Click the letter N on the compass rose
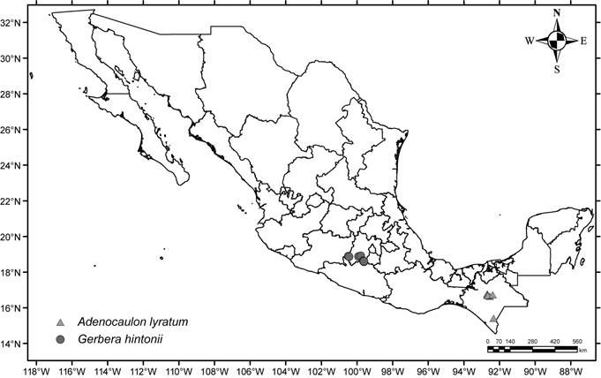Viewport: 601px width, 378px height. tap(557, 13)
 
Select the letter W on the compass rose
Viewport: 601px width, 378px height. tap(530, 41)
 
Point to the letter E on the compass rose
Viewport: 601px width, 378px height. tap(583, 41)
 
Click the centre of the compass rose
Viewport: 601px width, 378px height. tap(557, 41)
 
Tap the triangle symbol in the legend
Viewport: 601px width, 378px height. tap(60, 321)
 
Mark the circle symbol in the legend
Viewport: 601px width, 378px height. tap(60, 339)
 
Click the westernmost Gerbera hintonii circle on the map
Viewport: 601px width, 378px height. tap(349, 257)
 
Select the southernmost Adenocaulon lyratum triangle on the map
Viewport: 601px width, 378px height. tap(493, 318)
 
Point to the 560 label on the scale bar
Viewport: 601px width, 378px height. tap(578, 341)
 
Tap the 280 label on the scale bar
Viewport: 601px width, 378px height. tap(533, 341)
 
